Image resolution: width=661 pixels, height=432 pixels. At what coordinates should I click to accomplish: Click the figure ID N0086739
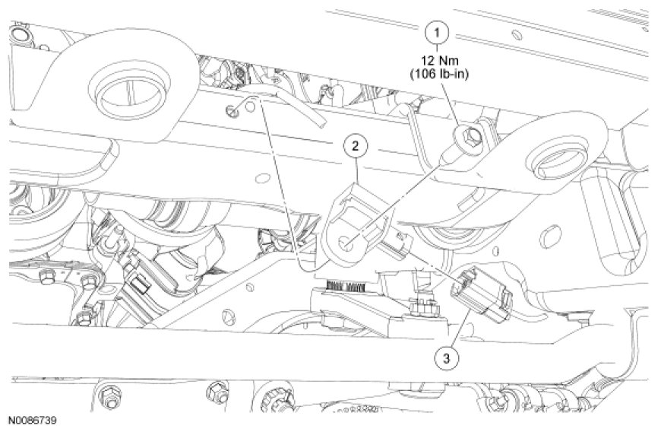click(x=33, y=419)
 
